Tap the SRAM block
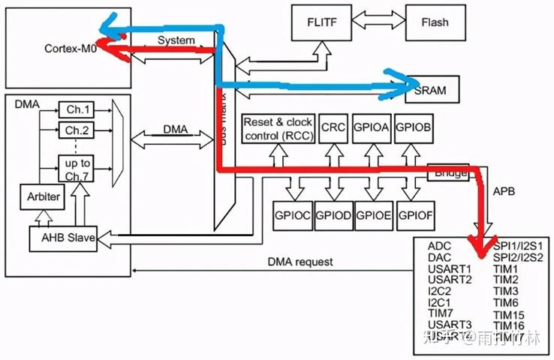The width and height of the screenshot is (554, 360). (x=430, y=90)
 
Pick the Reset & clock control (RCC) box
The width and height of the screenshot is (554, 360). (x=277, y=127)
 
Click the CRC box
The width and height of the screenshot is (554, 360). (x=333, y=128)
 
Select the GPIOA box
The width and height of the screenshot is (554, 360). (x=372, y=128)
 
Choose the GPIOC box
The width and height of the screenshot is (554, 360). (x=292, y=214)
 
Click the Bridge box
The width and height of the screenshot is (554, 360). (x=449, y=172)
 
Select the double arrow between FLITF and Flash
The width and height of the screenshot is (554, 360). (x=378, y=22)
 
